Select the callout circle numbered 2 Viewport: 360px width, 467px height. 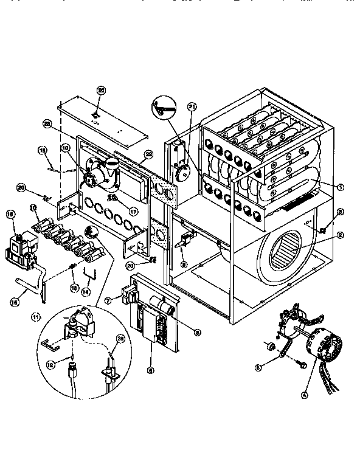point(341,235)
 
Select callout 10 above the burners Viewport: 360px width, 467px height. point(34,208)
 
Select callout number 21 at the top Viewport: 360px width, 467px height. point(192,108)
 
